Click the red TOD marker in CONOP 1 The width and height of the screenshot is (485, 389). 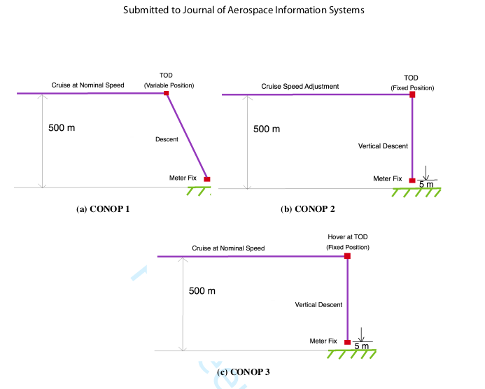pos(167,92)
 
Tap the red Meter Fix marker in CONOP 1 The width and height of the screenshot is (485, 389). pos(207,179)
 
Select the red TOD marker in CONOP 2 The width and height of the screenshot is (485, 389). pos(412,94)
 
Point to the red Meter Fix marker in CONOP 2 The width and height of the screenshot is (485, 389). pos(412,181)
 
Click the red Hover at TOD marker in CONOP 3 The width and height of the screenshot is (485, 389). pos(348,257)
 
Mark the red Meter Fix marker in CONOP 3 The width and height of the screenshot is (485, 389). pos(348,342)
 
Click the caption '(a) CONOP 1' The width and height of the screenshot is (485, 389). pos(102,209)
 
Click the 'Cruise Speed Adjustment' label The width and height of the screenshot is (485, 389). pos(300,87)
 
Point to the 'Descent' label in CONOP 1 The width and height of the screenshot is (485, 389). pos(167,139)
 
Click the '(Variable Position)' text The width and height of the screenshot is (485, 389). pos(169,85)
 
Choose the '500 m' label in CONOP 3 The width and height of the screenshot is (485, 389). pos(202,291)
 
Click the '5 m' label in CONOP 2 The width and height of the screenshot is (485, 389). pos(426,185)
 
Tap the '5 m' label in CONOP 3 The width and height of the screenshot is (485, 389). pos(361,346)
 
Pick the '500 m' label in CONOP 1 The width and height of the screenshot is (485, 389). pos(62,129)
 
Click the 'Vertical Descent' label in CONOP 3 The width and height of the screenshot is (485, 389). pos(318,305)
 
